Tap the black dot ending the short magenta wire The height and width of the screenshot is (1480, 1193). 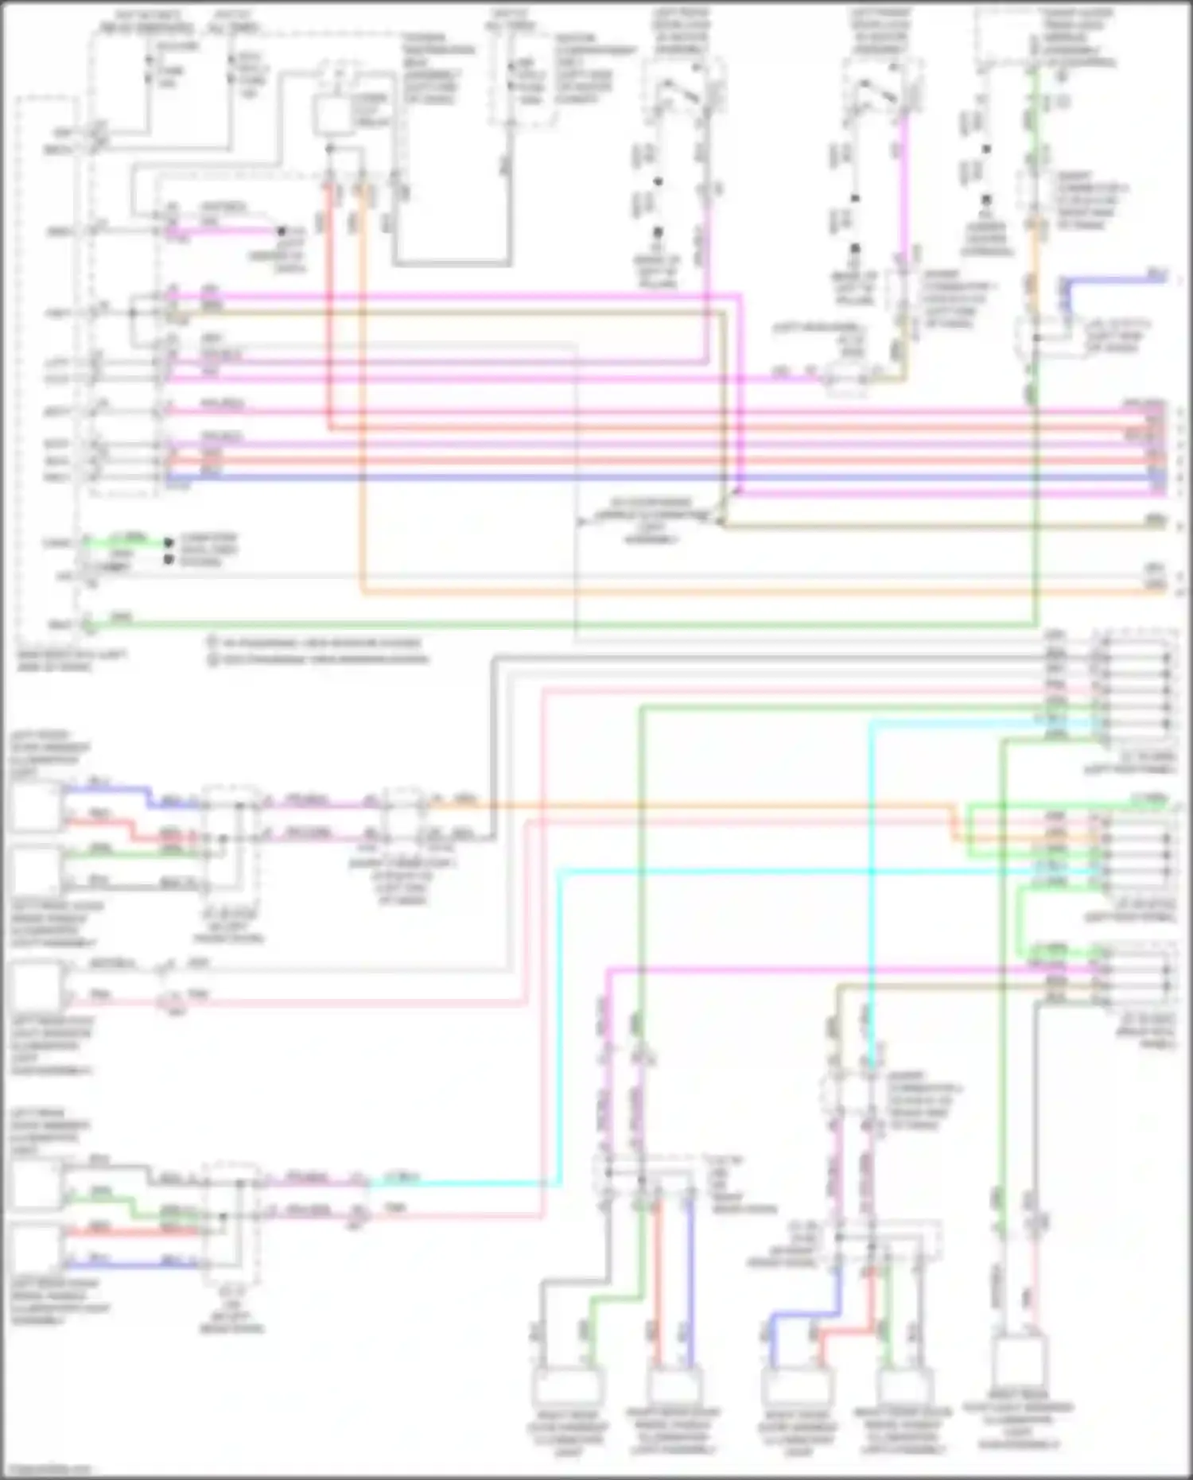coord(281,231)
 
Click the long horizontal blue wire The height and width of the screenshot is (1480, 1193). coord(636,477)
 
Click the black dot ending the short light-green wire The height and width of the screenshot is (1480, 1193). coord(169,542)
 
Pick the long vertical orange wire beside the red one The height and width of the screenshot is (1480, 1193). coord(362,398)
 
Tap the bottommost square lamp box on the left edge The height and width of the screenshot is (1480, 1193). coord(37,1251)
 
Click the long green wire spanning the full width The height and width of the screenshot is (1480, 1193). coord(557,625)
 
